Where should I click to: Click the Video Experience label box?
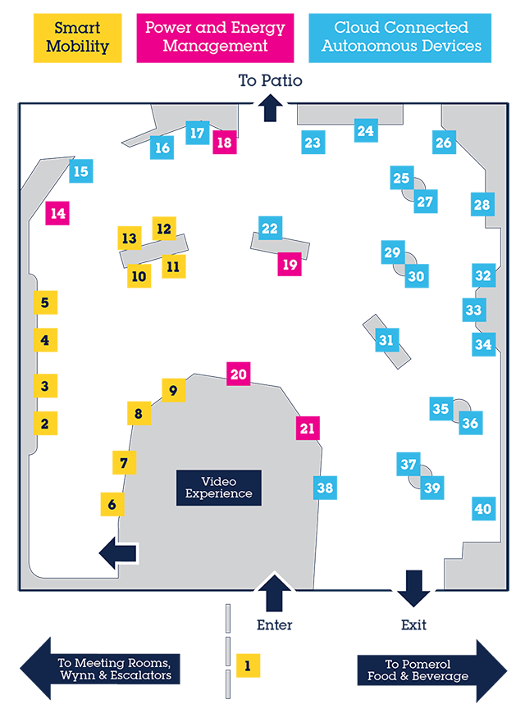(218, 488)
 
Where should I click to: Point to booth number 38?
(325, 488)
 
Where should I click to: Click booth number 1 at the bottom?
(247, 666)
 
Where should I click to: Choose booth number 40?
(483, 509)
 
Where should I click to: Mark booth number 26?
(444, 143)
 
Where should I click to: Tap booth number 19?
(289, 265)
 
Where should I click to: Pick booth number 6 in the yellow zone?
(112, 505)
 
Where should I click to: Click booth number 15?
(80, 171)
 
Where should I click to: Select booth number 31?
(386, 340)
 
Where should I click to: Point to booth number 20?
(238, 375)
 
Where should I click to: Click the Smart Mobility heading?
(77, 38)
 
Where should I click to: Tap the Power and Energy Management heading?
(216, 37)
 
